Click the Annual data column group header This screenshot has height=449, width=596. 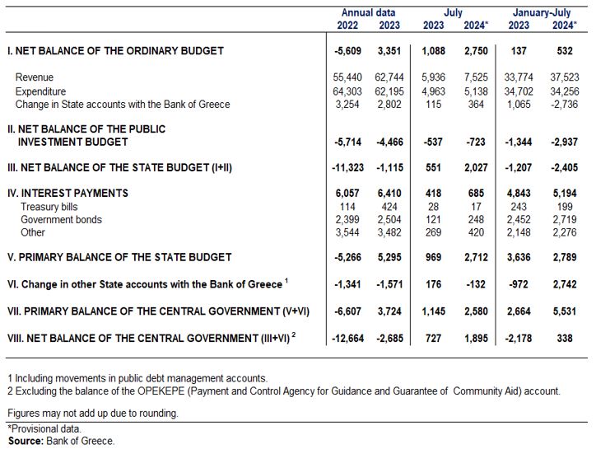pos(368,12)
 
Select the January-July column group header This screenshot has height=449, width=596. pos(542,13)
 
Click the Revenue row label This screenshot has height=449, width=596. pos(35,77)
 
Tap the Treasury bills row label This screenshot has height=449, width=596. pos(49,207)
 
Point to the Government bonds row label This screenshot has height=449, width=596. pos(61,219)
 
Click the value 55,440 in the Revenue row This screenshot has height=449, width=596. pos(347,77)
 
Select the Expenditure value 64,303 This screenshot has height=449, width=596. pos(347,91)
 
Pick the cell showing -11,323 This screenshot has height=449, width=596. pos(347,167)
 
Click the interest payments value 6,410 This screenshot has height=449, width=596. pos(389,194)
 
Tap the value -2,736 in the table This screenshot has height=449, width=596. pos(565,105)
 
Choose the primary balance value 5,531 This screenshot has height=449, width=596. pos(565,311)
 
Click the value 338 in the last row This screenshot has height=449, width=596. pos(565,338)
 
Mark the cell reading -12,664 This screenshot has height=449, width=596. pos(347,338)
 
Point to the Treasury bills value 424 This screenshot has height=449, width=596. pos(389,207)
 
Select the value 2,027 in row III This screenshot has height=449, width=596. pos(476,167)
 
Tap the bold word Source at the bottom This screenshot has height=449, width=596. pos(26,441)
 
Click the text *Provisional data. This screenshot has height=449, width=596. pos(44,429)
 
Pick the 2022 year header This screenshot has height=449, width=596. pos(347,25)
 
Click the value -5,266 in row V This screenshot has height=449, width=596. pos(347,257)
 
